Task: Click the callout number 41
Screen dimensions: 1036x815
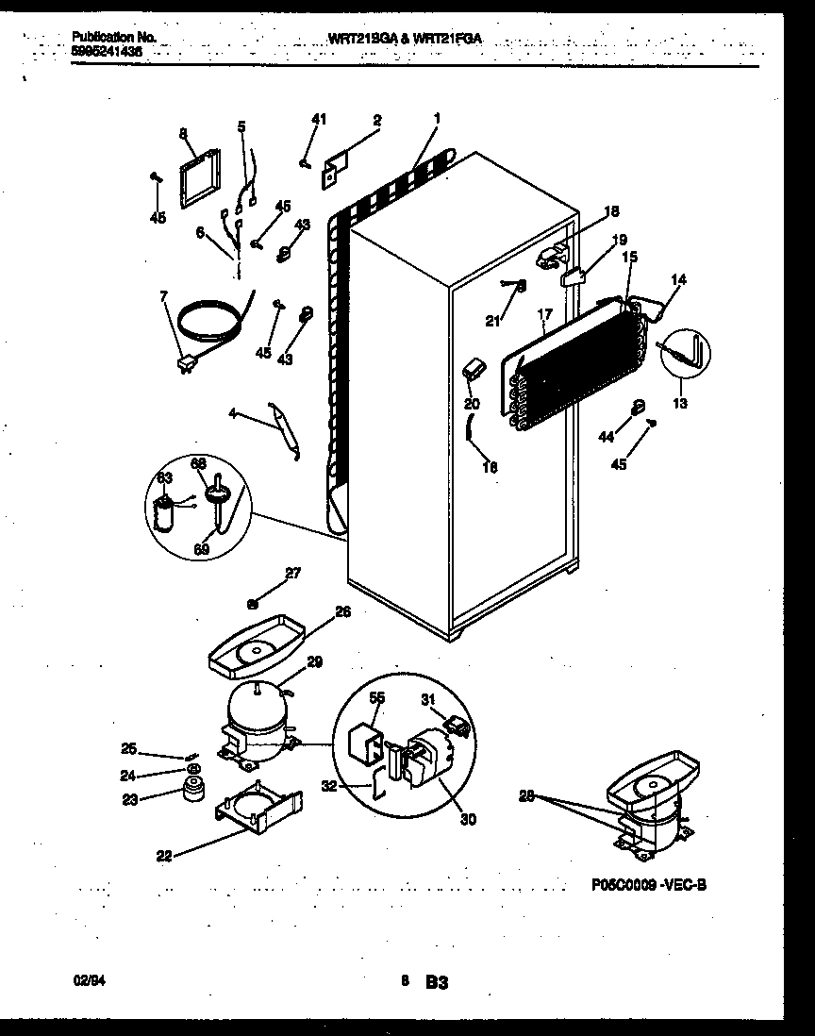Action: tap(319, 119)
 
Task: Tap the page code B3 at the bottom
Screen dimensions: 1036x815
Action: tap(435, 983)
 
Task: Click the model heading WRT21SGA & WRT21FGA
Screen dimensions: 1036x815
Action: tap(405, 39)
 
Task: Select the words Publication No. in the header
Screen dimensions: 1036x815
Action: tap(113, 37)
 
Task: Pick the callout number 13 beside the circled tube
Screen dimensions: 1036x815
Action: tap(680, 403)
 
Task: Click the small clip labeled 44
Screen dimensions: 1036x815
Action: tap(638, 408)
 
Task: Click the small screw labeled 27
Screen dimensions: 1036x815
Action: tap(253, 604)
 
